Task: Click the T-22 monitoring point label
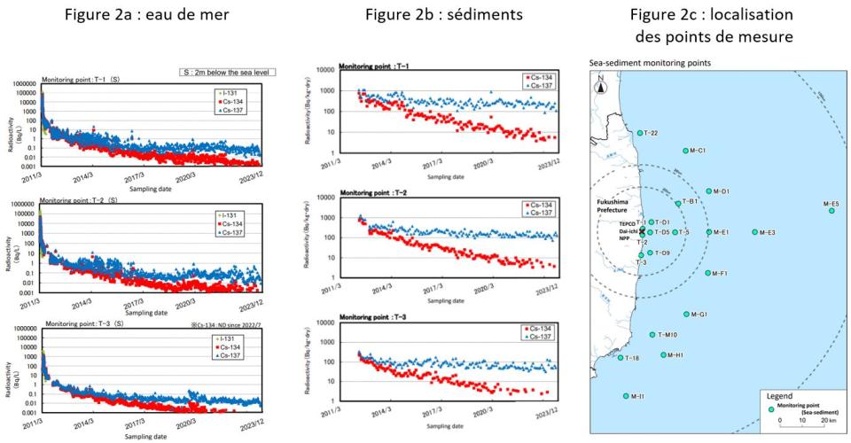tap(648, 134)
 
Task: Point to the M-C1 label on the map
tap(697, 151)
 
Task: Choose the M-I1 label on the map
tap(636, 396)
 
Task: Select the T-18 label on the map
tap(631, 358)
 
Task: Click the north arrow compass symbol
tap(600, 85)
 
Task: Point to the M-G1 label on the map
tap(698, 315)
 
